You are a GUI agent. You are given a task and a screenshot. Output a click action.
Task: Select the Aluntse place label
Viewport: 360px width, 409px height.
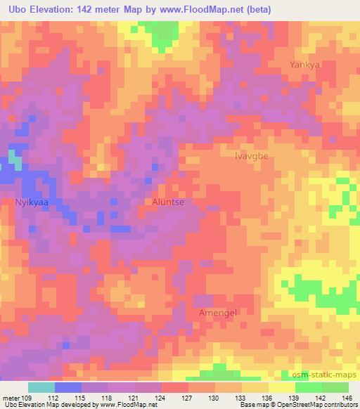[168, 202]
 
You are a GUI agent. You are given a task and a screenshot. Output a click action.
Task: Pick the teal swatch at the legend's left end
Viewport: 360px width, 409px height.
[41, 387]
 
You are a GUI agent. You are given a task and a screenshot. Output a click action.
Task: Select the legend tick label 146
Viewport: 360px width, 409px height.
[348, 398]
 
